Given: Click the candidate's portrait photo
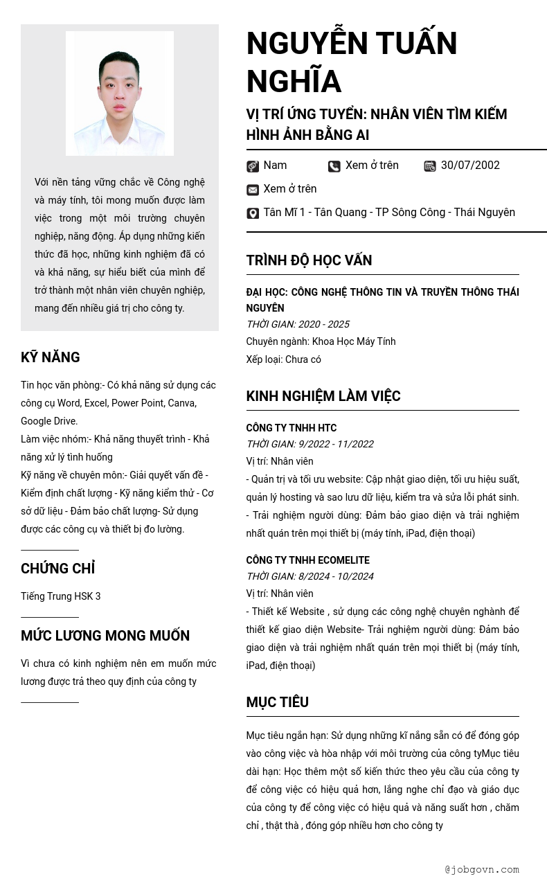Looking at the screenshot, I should point(120,93).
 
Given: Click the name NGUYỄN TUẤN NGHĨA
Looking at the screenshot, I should point(351,62).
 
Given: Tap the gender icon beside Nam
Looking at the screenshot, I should point(253,166).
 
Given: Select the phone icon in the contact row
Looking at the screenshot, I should point(334,166).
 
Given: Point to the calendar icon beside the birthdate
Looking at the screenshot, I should point(430,166).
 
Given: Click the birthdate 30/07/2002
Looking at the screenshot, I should point(470,166).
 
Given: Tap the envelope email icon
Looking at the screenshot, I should point(253,190).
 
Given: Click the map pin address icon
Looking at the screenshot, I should point(253,213).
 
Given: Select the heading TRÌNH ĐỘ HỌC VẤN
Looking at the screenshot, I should point(309,260).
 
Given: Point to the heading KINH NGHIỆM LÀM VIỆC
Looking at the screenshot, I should point(323,396).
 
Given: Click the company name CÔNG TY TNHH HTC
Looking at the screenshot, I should point(291,428).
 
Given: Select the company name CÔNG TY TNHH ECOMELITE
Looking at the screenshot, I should point(307,560).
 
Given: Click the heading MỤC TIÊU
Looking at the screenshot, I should point(277,702).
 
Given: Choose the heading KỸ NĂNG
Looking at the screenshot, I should point(50,357).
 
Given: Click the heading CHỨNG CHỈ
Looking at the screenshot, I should point(57,569).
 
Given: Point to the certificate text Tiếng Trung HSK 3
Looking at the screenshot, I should point(60,596).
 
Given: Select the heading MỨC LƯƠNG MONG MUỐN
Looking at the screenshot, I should point(105,636).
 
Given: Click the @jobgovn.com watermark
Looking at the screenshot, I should point(482,870).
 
